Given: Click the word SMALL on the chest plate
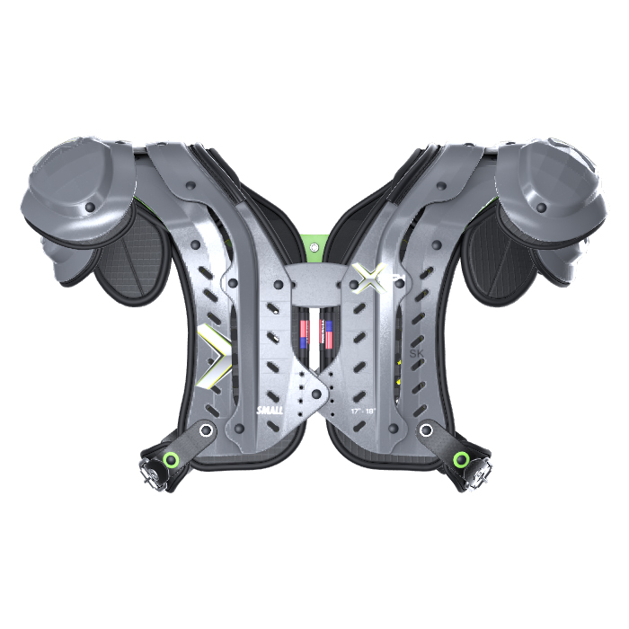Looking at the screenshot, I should click(x=270, y=410).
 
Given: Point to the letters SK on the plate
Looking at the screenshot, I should click(x=416, y=353).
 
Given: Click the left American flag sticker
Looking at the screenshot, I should click(x=303, y=332).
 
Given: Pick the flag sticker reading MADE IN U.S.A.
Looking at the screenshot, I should click(x=329, y=332).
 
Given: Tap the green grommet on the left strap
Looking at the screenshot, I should click(x=170, y=461).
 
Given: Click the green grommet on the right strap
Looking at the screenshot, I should click(x=460, y=460).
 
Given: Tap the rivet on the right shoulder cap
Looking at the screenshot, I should click(x=541, y=207).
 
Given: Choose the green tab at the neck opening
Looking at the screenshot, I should click(x=314, y=241).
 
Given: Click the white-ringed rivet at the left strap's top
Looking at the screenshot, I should click(x=206, y=430).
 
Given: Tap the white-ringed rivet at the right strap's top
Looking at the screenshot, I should click(x=425, y=430).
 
